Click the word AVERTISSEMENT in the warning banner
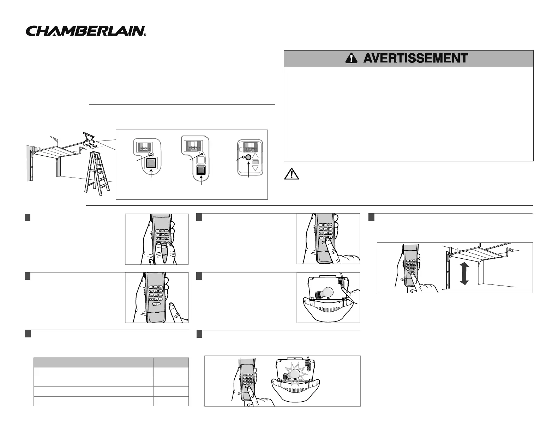pyautogui.click(x=415, y=58)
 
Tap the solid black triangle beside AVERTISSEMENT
pyautogui.click(x=351, y=59)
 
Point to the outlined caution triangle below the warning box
pyautogui.click(x=291, y=174)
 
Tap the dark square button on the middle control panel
pyautogui.click(x=201, y=170)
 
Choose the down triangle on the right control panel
pyautogui.click(x=256, y=168)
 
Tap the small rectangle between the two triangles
pyautogui.click(x=256, y=162)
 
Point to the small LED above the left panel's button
pyautogui.click(x=151, y=155)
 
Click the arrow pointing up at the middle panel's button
pyautogui.click(x=201, y=182)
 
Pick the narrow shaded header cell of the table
pyautogui.click(x=171, y=362)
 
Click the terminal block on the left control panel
pyautogui.click(x=144, y=146)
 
